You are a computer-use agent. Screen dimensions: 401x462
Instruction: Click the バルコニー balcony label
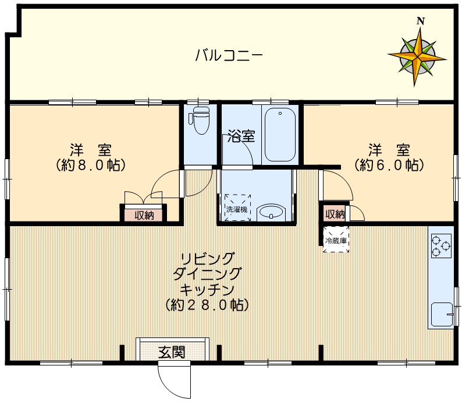point(229,57)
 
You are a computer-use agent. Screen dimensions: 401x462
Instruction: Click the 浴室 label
point(241,137)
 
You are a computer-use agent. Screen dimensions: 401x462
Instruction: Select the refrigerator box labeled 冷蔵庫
point(336,240)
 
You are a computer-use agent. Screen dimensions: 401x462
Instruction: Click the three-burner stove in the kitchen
point(440,245)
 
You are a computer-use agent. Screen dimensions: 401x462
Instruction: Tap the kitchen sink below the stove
point(442,315)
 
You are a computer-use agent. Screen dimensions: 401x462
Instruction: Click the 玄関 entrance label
point(172,352)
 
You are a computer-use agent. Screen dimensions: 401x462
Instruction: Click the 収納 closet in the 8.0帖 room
point(144,215)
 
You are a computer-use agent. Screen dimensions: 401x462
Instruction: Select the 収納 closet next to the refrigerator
point(335,214)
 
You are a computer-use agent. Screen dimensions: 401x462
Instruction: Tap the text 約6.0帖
point(388,165)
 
